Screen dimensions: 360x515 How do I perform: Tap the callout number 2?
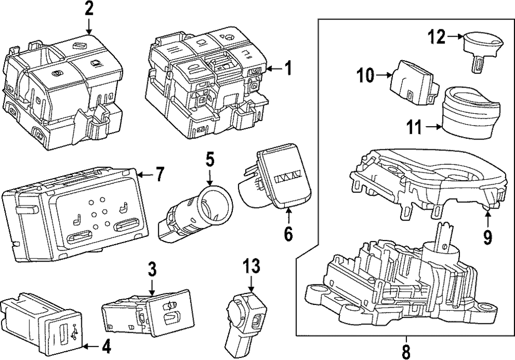(89, 9)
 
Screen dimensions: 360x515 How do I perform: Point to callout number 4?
(106, 347)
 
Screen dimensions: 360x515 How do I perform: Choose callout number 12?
(436, 36)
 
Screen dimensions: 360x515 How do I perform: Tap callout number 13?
(251, 266)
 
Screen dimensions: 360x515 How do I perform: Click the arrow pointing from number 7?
(145, 176)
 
